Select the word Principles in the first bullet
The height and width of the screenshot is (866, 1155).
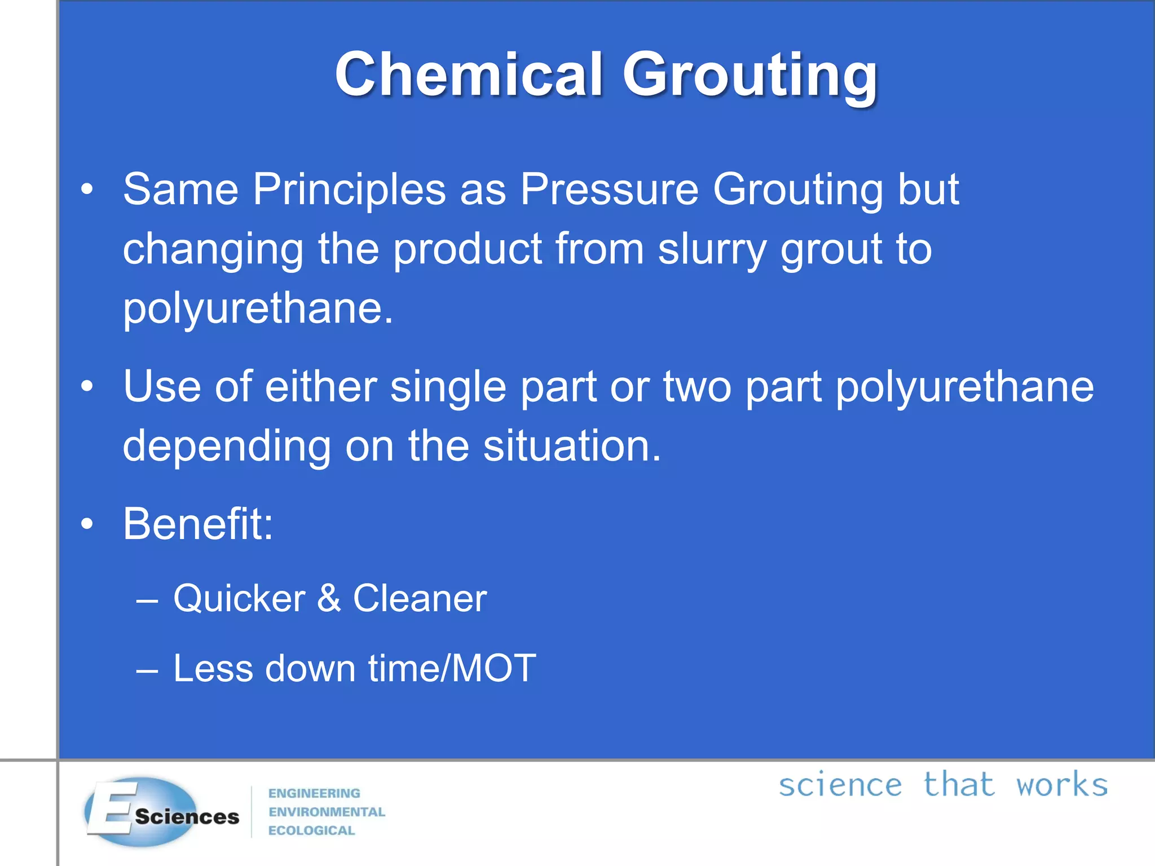click(x=349, y=190)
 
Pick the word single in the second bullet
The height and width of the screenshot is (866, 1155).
click(x=448, y=388)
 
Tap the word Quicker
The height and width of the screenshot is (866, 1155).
click(x=239, y=599)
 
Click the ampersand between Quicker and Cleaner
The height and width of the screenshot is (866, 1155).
click(x=329, y=599)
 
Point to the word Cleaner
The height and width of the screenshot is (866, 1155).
click(x=420, y=599)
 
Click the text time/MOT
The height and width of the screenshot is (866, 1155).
click(x=452, y=669)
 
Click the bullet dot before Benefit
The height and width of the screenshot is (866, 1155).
click(x=86, y=525)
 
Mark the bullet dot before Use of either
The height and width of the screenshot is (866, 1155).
click(x=86, y=387)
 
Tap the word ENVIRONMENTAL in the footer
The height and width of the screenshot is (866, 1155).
click(x=327, y=812)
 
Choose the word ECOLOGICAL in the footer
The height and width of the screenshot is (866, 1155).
click(x=311, y=830)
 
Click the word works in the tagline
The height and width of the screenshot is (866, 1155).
click(x=1061, y=785)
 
